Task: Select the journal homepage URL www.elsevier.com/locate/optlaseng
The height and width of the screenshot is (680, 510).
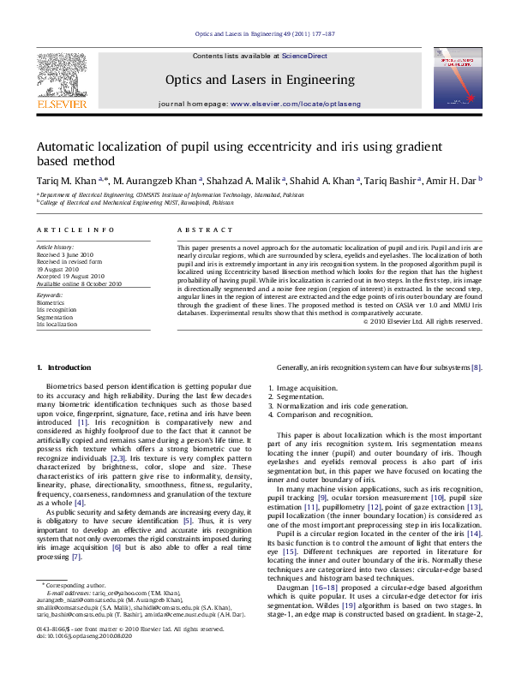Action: tap(296, 104)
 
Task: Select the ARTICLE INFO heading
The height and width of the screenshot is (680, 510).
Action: tap(75, 230)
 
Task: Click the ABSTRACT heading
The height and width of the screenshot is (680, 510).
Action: tap(205, 230)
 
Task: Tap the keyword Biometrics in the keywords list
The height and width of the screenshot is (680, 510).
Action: tap(51, 302)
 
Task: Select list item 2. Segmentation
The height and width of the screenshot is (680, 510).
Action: tap(297, 397)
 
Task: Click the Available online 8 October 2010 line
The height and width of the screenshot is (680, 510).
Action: tap(79, 283)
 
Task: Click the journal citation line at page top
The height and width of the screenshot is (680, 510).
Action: tap(255, 34)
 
